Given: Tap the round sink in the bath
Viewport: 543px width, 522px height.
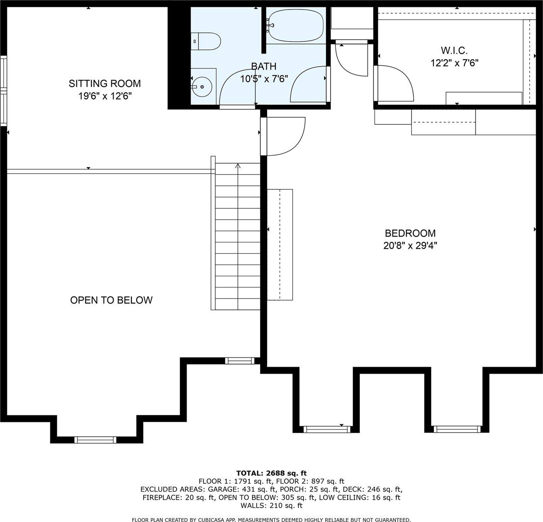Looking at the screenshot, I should tap(202, 86).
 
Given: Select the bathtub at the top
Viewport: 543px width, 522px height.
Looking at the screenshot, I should tap(296, 26).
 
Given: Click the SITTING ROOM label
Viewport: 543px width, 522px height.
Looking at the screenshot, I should tap(105, 84).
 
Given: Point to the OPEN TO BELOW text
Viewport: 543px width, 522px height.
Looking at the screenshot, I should tap(111, 300).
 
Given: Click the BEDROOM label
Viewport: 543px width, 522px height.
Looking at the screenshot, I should tap(410, 234).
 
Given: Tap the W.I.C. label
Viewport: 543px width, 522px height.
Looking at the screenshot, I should tap(454, 51).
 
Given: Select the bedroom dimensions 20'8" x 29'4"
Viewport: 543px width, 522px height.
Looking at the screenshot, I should tap(410, 246).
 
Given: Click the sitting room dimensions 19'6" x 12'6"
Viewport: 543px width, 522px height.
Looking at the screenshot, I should tap(105, 96).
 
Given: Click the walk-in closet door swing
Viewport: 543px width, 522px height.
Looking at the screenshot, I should tap(394, 83).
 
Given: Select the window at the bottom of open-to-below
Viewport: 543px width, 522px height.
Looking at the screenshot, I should tap(96, 440).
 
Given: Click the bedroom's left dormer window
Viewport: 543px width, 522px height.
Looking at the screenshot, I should tap(326, 429).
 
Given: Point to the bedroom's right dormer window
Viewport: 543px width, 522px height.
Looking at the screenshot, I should tap(457, 429).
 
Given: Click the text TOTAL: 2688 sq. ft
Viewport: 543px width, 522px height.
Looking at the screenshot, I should tap(271, 473).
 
